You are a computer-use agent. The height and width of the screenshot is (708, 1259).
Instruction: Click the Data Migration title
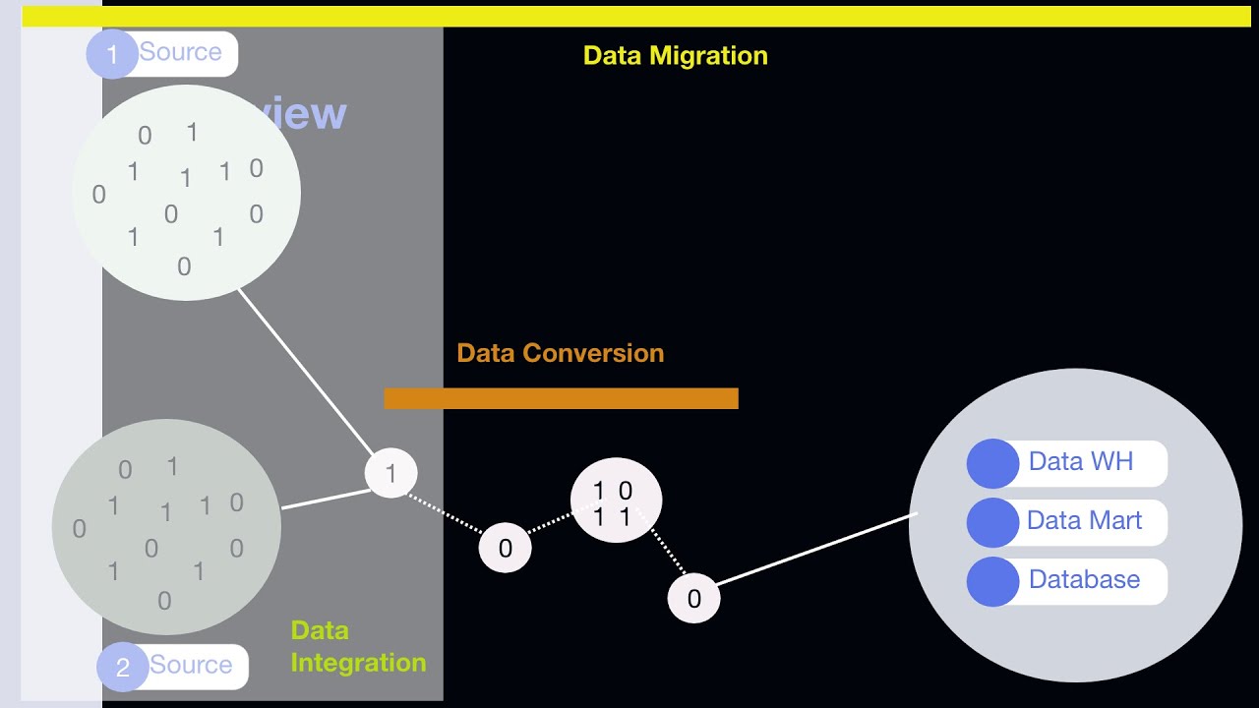pos(675,55)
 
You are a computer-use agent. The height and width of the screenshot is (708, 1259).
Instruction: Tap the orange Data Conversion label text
pos(561,353)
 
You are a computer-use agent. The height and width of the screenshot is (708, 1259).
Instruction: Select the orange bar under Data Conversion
pos(561,398)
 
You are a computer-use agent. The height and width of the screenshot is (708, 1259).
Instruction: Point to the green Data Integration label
pos(358,647)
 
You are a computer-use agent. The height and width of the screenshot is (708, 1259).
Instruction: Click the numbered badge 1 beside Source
pos(112,54)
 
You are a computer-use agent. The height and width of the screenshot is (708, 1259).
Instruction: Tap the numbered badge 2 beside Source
pos(122,668)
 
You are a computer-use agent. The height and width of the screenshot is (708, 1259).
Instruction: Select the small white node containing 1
pos(390,474)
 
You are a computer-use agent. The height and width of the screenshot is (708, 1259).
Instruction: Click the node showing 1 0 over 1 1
pos(616,501)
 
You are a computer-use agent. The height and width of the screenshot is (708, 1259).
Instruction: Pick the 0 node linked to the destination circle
pos(693,599)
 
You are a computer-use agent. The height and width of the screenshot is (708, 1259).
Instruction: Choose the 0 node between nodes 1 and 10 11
pos(505,549)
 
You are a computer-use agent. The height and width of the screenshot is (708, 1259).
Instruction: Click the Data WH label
pos(1080,461)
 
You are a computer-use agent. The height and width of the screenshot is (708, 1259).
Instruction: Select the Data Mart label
pos(1084,520)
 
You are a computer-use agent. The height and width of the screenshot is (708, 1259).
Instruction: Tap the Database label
pos(1084,579)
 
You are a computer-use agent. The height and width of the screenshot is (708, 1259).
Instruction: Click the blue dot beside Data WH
pos(992,463)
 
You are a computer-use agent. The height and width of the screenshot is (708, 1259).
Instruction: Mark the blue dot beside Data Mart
pos(992,522)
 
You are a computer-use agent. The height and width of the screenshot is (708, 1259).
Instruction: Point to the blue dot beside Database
pos(992,581)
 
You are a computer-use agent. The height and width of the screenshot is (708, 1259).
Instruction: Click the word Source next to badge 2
pos(191,665)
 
